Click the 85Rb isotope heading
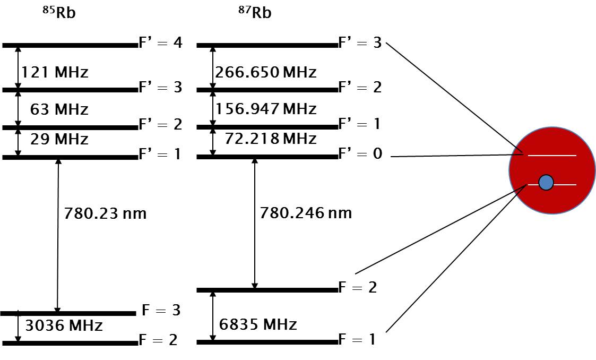[x=59, y=12]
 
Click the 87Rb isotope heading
[x=254, y=12]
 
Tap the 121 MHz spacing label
[x=54, y=72]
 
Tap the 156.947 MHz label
[x=266, y=109]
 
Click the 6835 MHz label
[x=257, y=324]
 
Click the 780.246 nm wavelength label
[x=306, y=213]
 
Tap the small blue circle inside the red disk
[x=546, y=183]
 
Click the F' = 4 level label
[x=161, y=43]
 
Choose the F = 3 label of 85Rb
[x=161, y=310]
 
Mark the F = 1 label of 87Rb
[x=357, y=339]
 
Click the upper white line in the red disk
[x=552, y=156]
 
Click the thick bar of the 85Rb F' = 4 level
[x=70, y=46]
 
